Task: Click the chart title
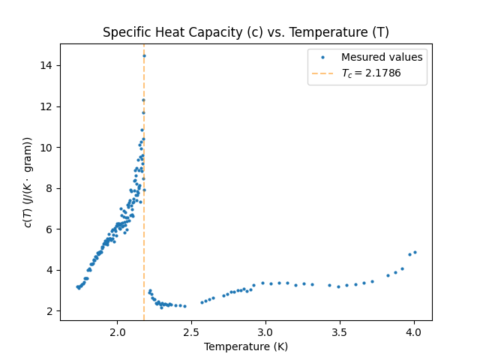tap(246, 32)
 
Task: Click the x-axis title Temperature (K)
tap(246, 347)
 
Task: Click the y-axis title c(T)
tap(28, 182)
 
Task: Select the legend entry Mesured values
tap(382, 57)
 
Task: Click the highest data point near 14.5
tap(144, 55)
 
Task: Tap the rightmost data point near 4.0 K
tap(415, 252)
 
